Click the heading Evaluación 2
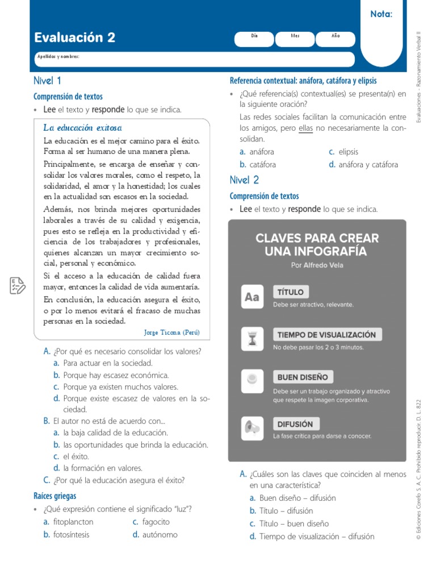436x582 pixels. (74, 38)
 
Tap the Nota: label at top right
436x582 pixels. (381, 14)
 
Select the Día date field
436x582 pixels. (254, 39)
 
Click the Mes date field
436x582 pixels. (295, 39)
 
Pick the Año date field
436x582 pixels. (336, 39)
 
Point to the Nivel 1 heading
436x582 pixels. (48, 81)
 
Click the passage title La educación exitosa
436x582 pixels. (82, 127)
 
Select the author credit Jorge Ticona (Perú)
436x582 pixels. (172, 332)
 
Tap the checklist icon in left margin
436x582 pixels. (17, 285)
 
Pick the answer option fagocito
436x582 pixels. (156, 521)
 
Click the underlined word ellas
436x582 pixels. (305, 128)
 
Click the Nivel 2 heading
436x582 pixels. (244, 180)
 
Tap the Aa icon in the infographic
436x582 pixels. (252, 297)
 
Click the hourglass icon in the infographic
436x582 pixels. (252, 339)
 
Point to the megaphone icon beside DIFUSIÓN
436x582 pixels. (252, 426)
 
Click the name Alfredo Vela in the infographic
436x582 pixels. (324, 265)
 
